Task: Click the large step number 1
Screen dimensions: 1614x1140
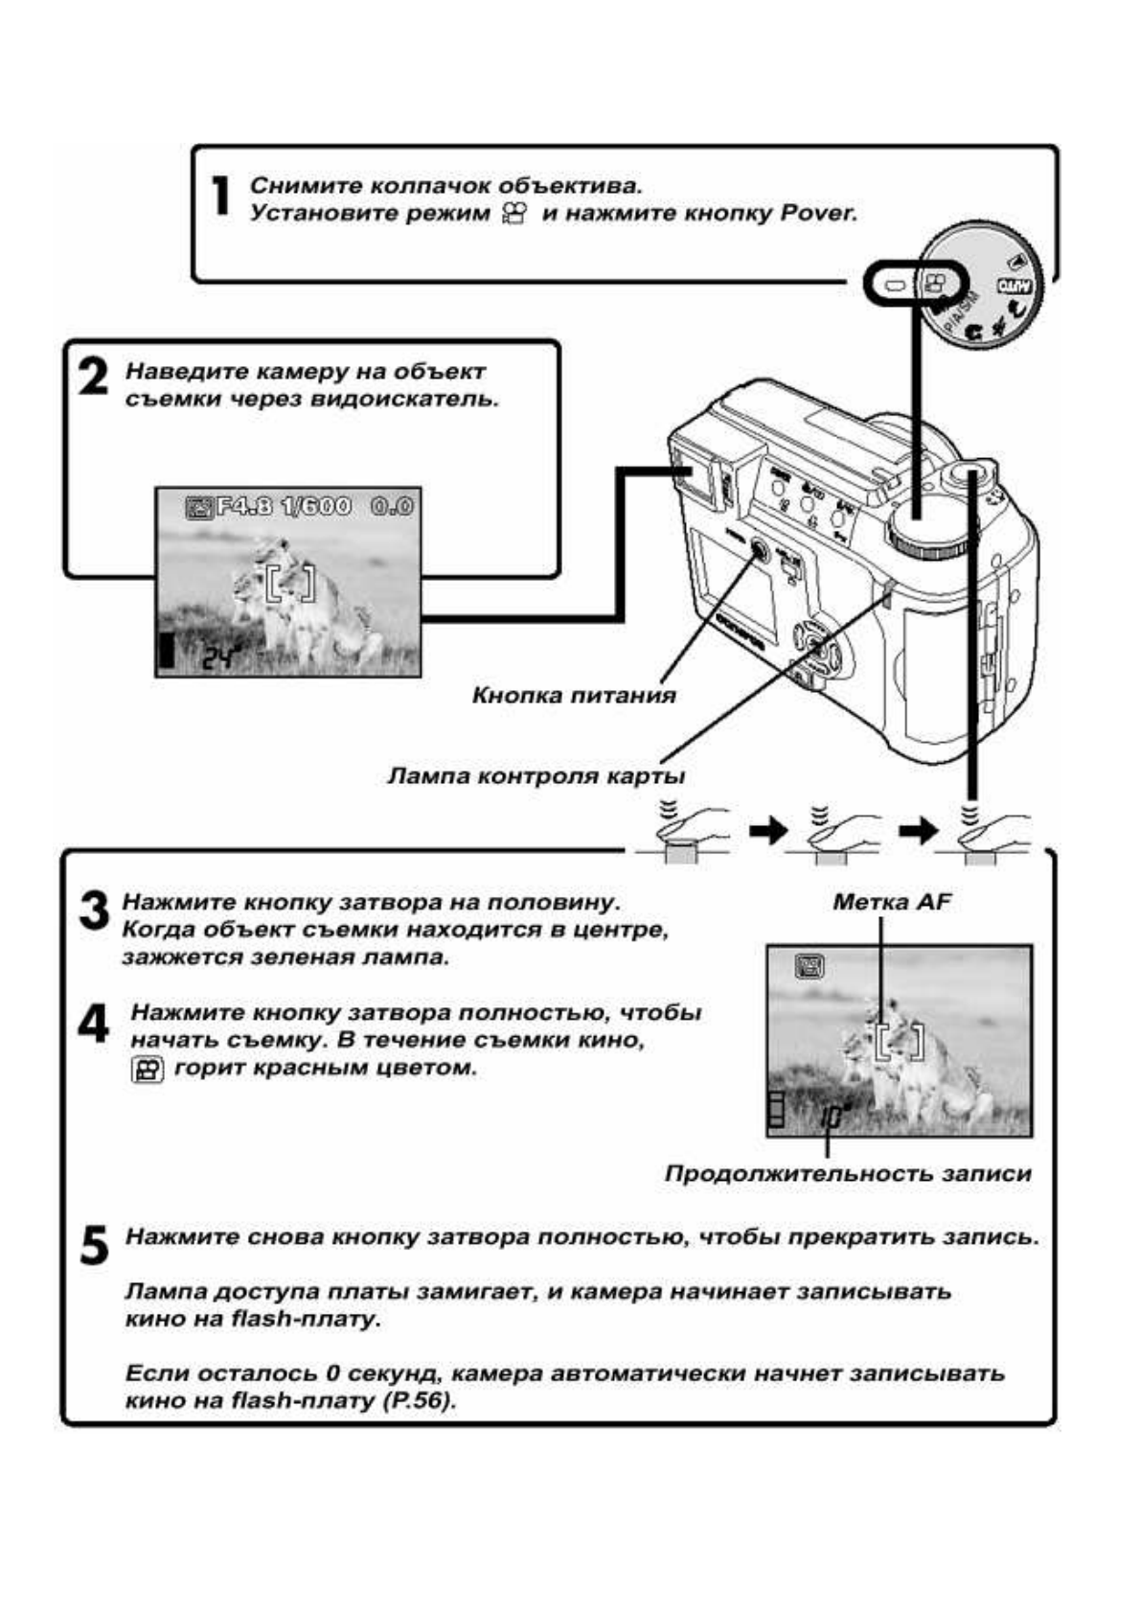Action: tap(220, 196)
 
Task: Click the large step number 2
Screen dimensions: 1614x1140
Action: tap(93, 377)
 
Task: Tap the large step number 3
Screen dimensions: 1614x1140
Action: tap(94, 910)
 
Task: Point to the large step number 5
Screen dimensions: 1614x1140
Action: tap(94, 1245)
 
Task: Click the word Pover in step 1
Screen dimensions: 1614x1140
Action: tap(817, 213)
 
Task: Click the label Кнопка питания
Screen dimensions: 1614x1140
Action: tap(573, 696)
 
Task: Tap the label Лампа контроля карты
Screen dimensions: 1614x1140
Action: tap(536, 775)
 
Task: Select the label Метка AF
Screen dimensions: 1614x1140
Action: tap(891, 901)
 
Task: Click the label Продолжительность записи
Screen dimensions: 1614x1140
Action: tap(848, 1173)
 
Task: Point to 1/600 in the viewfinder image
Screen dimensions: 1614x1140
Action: tap(314, 506)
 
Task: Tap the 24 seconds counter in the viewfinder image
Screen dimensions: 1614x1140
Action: tap(220, 657)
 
